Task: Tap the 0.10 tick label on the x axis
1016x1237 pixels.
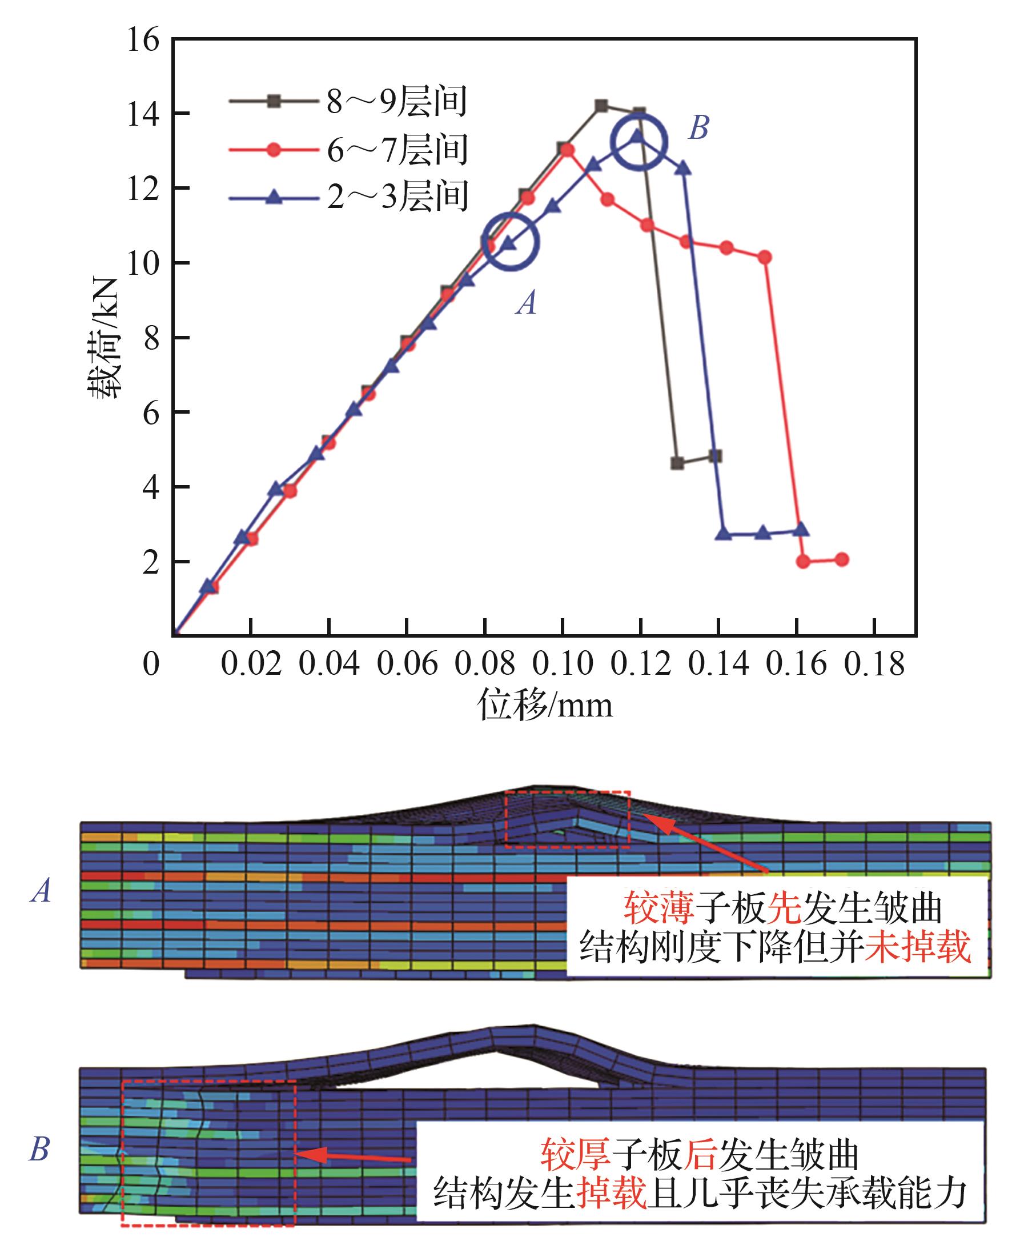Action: [563, 664]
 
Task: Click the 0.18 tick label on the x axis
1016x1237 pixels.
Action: [874, 664]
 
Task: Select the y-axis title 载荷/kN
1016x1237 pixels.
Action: [105, 338]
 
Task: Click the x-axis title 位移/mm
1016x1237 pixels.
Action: [545, 704]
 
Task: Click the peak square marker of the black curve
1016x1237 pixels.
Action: [601, 106]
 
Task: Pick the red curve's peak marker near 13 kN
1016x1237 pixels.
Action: [567, 150]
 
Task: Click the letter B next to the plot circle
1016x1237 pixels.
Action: [699, 127]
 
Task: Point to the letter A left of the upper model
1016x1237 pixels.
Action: [41, 891]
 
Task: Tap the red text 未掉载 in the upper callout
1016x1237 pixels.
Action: [917, 947]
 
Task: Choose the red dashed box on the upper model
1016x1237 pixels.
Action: [567, 819]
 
